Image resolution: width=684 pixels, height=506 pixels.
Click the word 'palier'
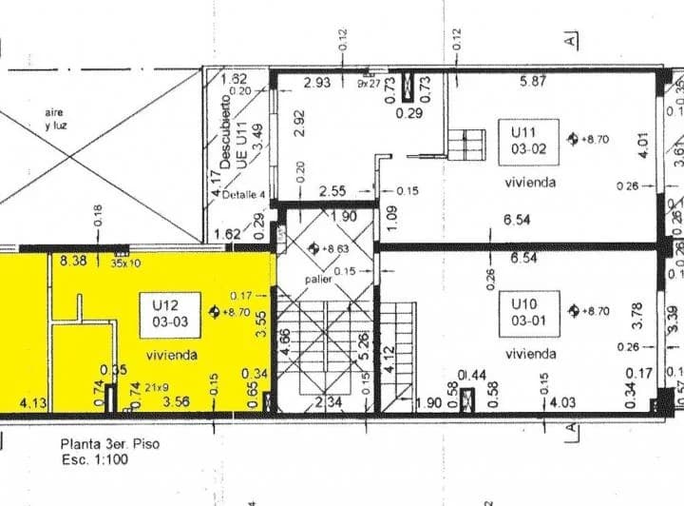coord(316,281)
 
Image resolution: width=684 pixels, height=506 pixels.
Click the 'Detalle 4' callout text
coord(242,195)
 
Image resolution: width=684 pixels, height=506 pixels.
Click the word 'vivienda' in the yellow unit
coord(172,354)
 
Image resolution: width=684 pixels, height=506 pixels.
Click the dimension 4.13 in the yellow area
coord(33,402)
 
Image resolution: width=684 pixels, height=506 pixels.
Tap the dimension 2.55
coord(332,190)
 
